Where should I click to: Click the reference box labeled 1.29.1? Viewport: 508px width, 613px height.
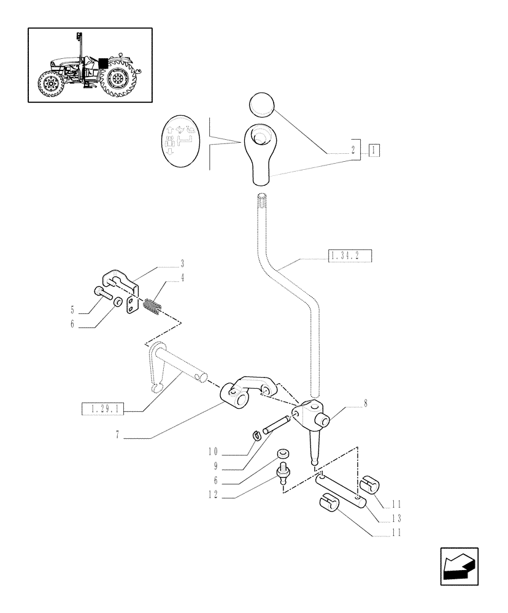103,408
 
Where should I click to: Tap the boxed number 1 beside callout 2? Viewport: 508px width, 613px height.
375,149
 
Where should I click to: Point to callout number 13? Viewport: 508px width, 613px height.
397,518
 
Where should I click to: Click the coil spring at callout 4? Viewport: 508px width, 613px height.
152,306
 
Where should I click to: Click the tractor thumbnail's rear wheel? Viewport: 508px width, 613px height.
119,80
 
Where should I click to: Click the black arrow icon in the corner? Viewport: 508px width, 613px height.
459,566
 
